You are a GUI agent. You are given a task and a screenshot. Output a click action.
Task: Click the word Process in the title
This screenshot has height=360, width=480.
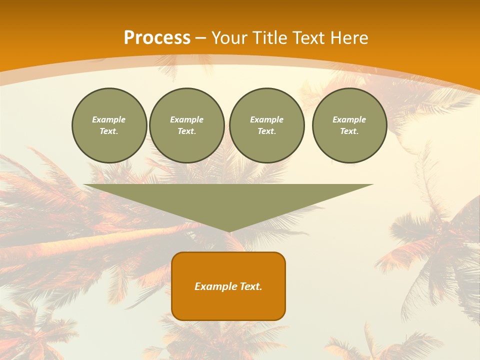(x=157, y=38)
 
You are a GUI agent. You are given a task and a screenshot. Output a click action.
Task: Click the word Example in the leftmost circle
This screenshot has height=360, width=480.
(x=109, y=119)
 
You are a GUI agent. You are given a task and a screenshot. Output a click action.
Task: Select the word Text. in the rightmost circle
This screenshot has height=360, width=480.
(x=349, y=131)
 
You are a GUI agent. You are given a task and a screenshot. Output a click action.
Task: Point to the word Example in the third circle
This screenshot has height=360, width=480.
(x=267, y=119)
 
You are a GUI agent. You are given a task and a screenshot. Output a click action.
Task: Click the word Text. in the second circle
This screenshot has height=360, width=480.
(x=187, y=131)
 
